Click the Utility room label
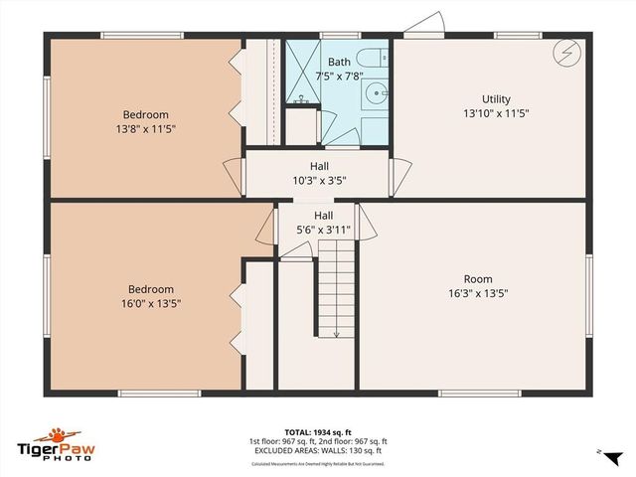point(496,99)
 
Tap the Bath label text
point(339,62)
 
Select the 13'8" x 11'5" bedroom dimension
point(146,128)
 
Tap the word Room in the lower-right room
point(478,279)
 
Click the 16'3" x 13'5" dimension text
point(478,293)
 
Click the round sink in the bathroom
point(377,94)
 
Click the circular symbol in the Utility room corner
point(564,52)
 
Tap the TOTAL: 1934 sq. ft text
point(318,432)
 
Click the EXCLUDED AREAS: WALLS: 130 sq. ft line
point(318,450)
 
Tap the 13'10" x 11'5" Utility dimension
point(496,113)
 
